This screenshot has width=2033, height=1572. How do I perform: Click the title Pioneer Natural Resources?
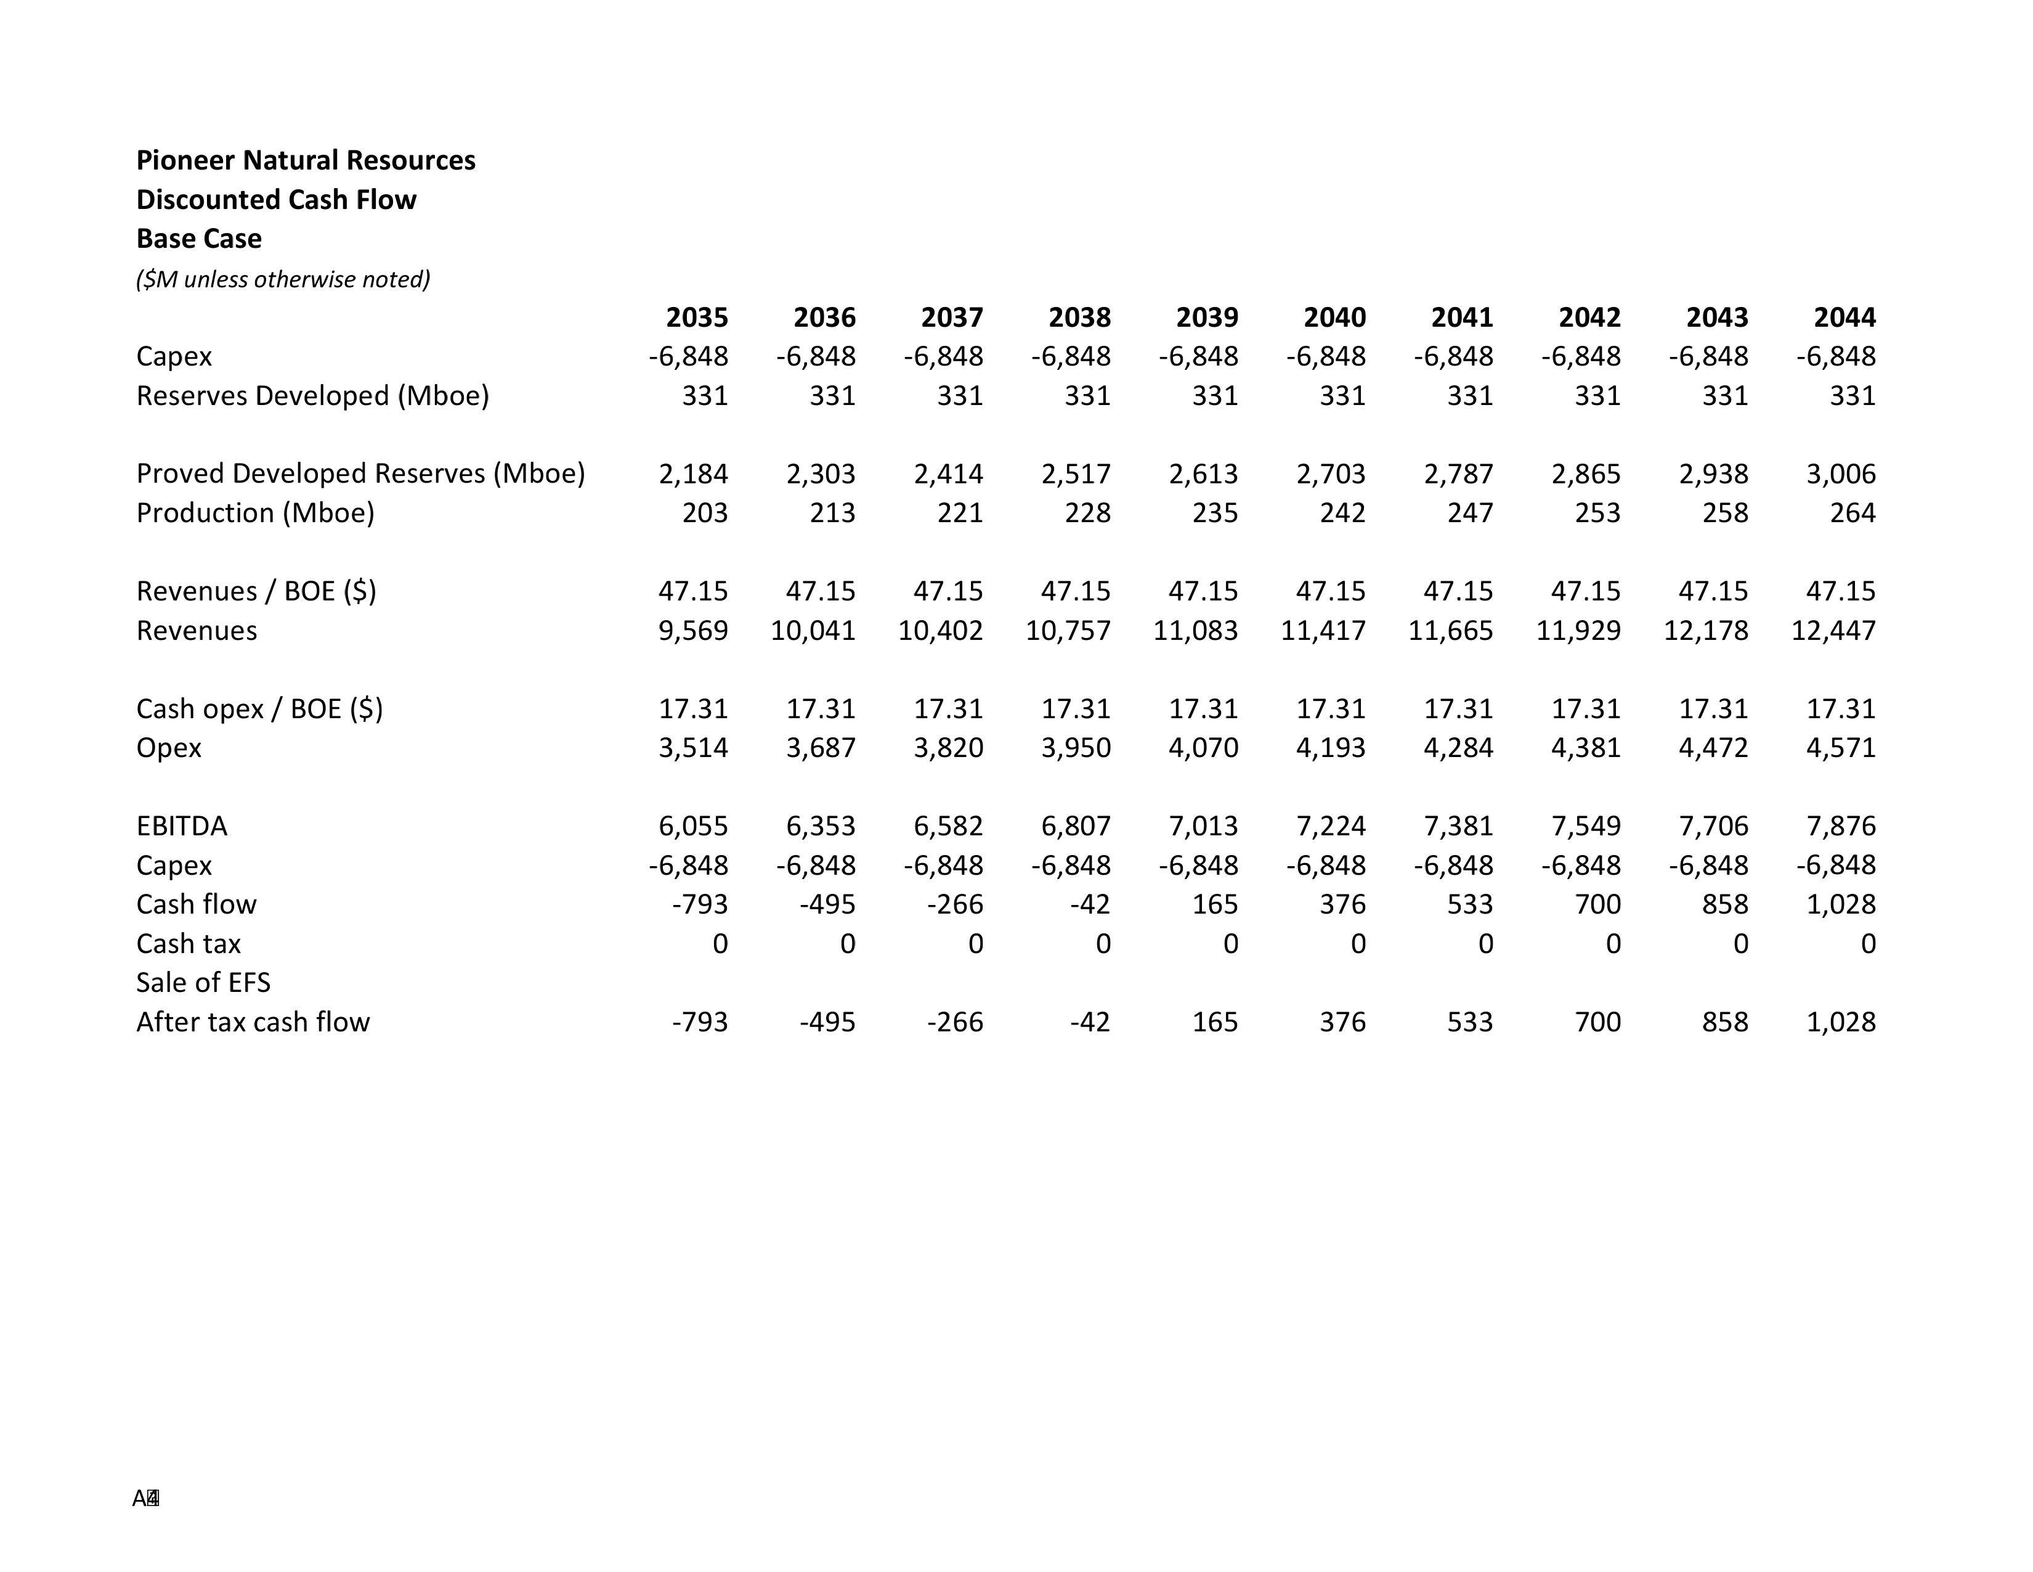tap(306, 160)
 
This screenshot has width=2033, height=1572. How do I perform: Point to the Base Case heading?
tap(198, 239)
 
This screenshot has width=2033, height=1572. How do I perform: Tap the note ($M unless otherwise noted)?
tap(283, 279)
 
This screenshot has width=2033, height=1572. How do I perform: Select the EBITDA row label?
tap(182, 826)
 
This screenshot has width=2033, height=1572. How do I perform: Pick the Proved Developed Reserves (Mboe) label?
tap(360, 474)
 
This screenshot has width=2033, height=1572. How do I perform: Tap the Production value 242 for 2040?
tap(1342, 513)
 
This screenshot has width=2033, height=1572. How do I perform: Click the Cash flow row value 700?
tap(1597, 904)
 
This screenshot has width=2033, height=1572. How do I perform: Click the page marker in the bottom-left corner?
tap(146, 1499)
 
